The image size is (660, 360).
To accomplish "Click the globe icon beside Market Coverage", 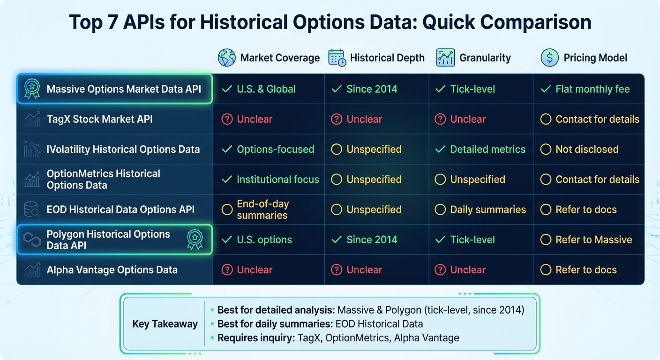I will coord(227,58).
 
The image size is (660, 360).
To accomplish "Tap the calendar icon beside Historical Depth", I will coord(337,58).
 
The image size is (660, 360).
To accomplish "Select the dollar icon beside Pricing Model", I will coord(549,58).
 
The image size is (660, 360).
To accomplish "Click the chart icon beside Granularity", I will coord(445,58).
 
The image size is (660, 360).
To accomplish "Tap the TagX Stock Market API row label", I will coord(99,120).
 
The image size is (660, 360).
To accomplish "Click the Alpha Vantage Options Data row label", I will coord(112,270).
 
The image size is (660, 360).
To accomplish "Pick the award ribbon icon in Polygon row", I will coord(195,239).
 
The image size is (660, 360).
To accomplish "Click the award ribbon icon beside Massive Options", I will coord(32,89).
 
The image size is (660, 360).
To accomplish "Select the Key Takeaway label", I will coord(165,324).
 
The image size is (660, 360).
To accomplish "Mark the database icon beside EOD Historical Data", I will coord(32,210).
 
